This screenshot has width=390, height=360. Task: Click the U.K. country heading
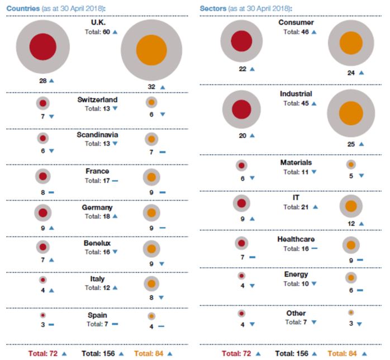[98, 22]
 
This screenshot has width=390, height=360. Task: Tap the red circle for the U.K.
[42, 46]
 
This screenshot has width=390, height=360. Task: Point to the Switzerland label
[98, 100]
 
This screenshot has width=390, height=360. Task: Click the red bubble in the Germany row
[42, 212]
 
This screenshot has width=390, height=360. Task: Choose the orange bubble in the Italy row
[151, 283]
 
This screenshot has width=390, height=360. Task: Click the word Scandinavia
[98, 135]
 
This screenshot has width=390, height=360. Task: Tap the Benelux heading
[98, 244]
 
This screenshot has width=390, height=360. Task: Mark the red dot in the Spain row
[42, 315]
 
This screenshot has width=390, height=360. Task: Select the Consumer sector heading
[296, 22]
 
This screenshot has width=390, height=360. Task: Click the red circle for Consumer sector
[241, 41]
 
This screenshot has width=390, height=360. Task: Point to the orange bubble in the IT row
[351, 206]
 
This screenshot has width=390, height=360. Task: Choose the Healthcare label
[296, 239]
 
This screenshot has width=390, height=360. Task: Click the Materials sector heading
[296, 163]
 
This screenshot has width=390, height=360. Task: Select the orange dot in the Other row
[351, 312]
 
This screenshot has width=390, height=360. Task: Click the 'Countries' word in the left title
[23, 8]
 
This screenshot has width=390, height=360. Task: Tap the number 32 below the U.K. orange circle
[151, 87]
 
